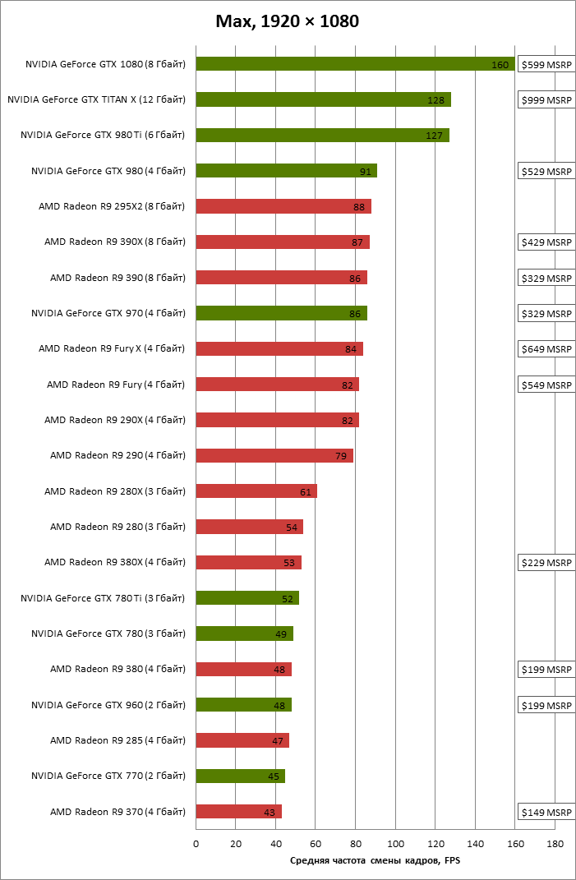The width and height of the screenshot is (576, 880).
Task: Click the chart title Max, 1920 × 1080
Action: pyautogui.click(x=287, y=22)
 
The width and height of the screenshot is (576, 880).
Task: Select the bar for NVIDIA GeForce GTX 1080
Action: pyautogui.click(x=355, y=64)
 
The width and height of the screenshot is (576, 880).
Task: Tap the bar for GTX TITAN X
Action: pyautogui.click(x=323, y=99)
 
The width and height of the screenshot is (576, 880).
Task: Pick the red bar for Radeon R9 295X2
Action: pyautogui.click(x=283, y=206)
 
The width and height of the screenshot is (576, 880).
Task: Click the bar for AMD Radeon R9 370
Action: pyautogui.click(x=239, y=812)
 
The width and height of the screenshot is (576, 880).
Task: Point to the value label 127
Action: pyautogui.click(x=435, y=136)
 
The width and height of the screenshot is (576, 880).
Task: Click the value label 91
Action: pyautogui.click(x=366, y=172)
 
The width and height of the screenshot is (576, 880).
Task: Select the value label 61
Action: pyautogui.click(x=306, y=492)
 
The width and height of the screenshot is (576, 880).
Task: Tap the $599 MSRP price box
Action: pyautogui.click(x=546, y=64)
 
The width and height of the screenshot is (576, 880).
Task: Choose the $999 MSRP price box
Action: pyautogui.click(x=546, y=99)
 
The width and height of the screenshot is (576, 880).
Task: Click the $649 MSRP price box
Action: pyautogui.click(x=546, y=349)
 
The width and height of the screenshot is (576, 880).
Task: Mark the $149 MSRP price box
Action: pyautogui.click(x=546, y=812)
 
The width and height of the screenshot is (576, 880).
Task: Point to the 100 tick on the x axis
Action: pyautogui.click(x=396, y=844)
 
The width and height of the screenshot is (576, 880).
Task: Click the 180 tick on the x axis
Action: pyautogui.click(x=555, y=844)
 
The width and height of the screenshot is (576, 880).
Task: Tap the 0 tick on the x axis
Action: pyautogui.click(x=196, y=844)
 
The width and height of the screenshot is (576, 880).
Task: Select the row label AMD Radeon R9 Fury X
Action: pyautogui.click(x=112, y=349)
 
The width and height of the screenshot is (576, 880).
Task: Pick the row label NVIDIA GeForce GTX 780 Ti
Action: pyautogui.click(x=103, y=598)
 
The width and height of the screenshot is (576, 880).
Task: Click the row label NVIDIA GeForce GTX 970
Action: pyautogui.click(x=108, y=313)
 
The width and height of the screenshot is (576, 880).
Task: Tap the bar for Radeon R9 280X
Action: pyautogui.click(x=256, y=491)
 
